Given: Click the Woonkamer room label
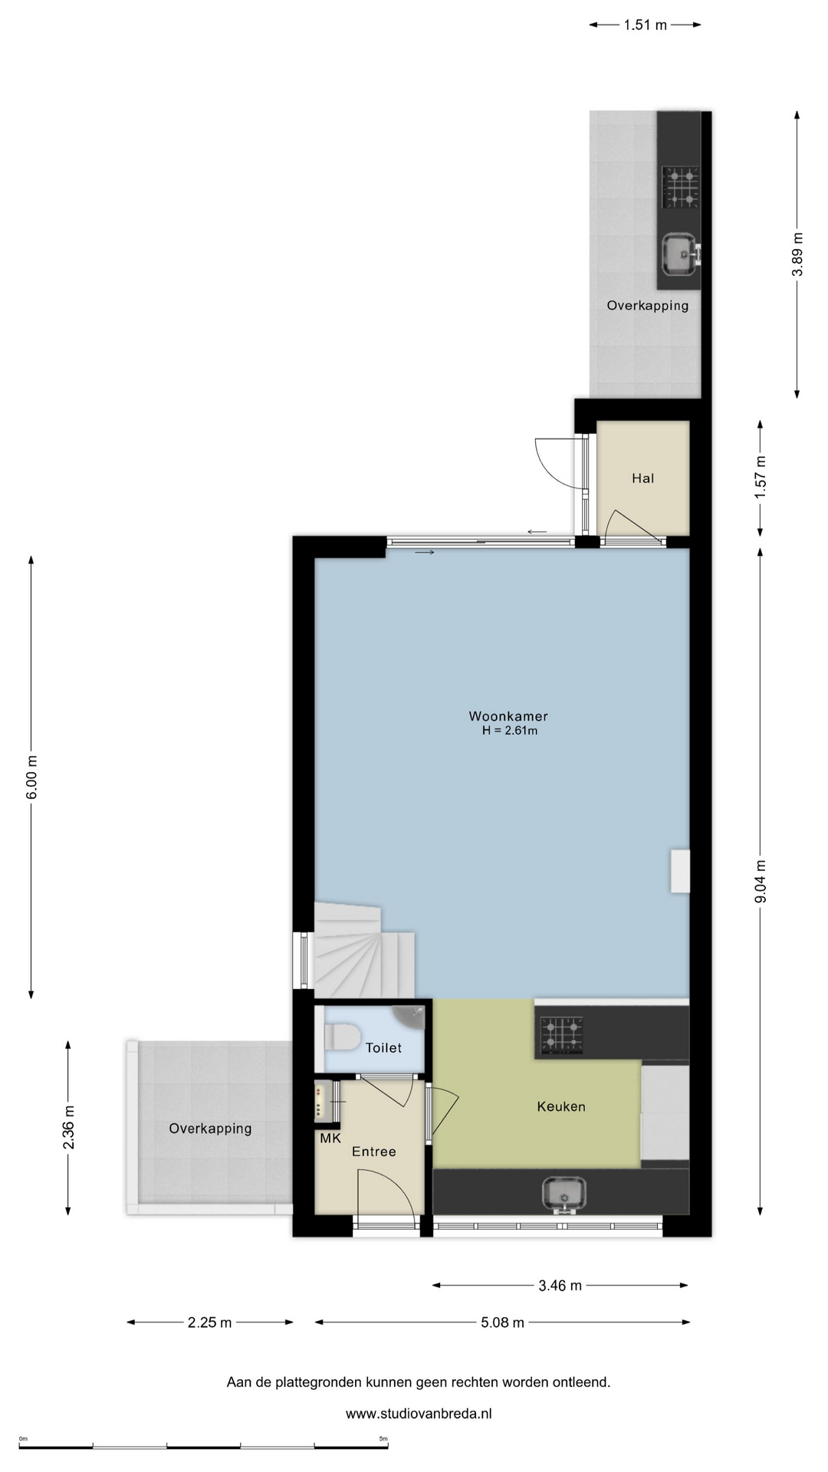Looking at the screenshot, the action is pyautogui.click(x=508, y=717).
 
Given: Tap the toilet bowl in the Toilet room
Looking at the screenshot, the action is pyautogui.click(x=343, y=1038).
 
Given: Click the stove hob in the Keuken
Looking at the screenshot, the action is pyautogui.click(x=561, y=1033).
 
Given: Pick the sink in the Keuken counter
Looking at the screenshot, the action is pyautogui.click(x=564, y=1195).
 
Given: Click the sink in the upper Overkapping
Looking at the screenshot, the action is pyautogui.click(x=681, y=255).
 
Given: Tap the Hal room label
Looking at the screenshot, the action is pyautogui.click(x=643, y=478).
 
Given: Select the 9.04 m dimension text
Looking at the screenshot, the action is pyautogui.click(x=761, y=882).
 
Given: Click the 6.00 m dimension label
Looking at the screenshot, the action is pyautogui.click(x=31, y=777).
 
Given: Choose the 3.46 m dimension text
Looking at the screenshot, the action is pyautogui.click(x=560, y=1286).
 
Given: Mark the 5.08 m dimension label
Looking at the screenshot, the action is pyautogui.click(x=503, y=1322).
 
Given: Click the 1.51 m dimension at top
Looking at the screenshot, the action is pyautogui.click(x=645, y=25).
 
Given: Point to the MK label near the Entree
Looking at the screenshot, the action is pyautogui.click(x=330, y=1138).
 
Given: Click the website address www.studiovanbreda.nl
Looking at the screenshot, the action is pyautogui.click(x=419, y=1414).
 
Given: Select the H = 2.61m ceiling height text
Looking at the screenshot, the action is pyautogui.click(x=510, y=731).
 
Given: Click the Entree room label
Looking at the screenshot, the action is pyautogui.click(x=374, y=1152).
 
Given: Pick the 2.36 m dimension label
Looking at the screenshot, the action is pyautogui.click(x=69, y=1127).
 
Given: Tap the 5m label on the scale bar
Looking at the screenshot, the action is pyautogui.click(x=383, y=1438).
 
